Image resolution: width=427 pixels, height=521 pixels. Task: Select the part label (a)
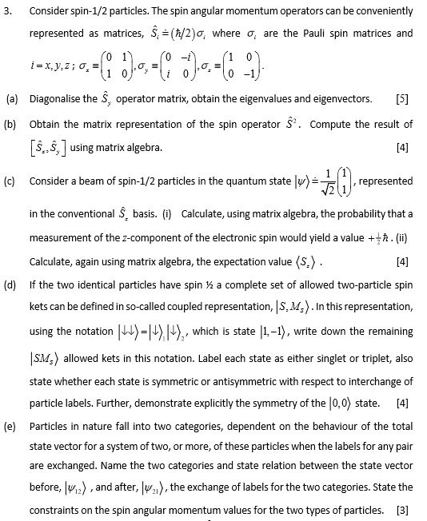click(x=12, y=99)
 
